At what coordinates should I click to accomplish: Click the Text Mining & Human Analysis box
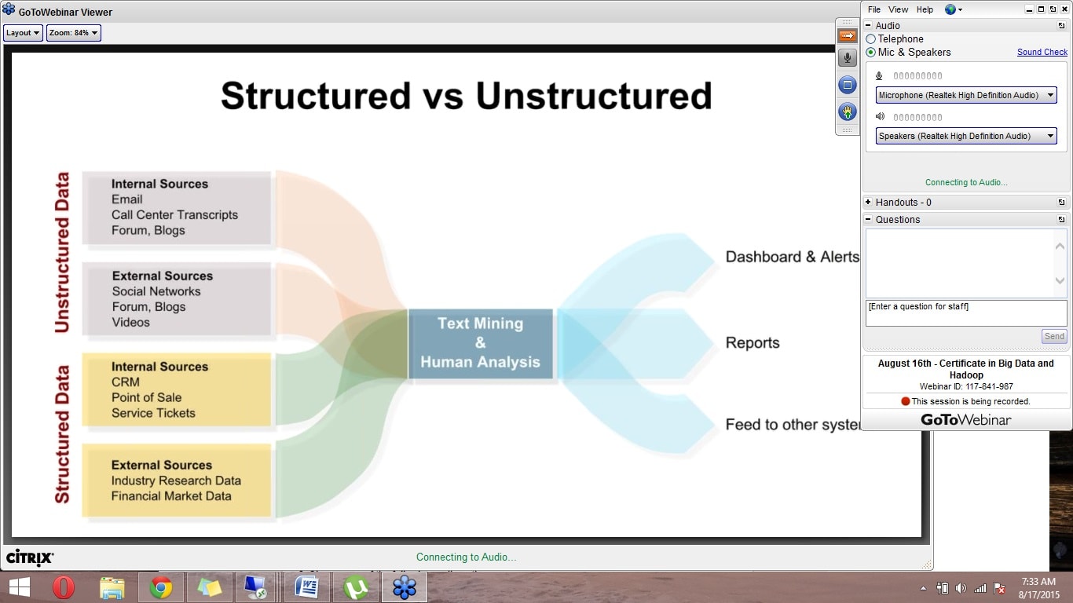tap(481, 343)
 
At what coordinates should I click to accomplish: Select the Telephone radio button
tap(871, 38)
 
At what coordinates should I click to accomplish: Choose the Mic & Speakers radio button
tap(871, 52)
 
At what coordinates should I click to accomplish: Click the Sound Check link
tap(1042, 52)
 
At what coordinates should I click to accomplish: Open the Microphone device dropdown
tap(965, 95)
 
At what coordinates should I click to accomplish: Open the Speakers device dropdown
tap(965, 136)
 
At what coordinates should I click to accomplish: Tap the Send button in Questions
tap(1054, 336)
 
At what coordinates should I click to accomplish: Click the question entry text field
tap(965, 313)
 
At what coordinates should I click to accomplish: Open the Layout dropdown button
tap(23, 32)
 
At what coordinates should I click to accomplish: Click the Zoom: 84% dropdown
tap(73, 32)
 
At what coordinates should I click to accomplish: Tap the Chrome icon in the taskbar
tap(161, 587)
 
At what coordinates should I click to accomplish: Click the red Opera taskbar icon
tap(63, 587)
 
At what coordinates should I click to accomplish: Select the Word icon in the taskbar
tap(306, 587)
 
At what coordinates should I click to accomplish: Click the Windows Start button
tap(20, 587)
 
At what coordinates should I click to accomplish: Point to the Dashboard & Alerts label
tap(793, 257)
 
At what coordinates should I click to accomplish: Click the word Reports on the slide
tap(753, 343)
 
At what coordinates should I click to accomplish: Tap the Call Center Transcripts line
tap(175, 214)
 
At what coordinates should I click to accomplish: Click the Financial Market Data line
tap(171, 495)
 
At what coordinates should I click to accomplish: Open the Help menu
tap(925, 9)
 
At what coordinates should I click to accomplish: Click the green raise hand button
tap(848, 112)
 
